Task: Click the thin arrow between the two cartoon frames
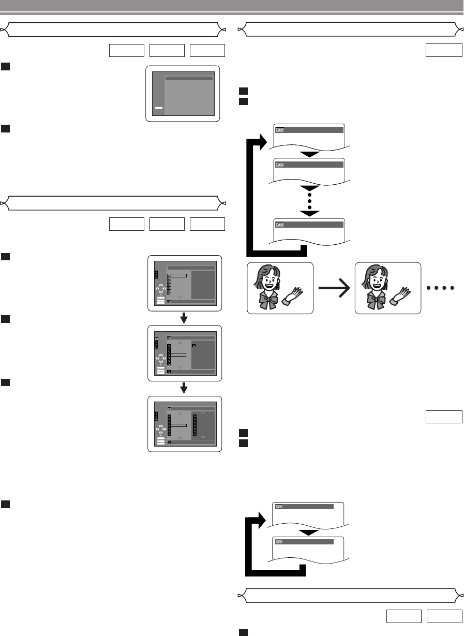[x=334, y=288]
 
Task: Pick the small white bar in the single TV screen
[x=159, y=108]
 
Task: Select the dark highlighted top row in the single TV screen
[x=189, y=78]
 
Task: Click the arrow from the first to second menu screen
[x=184, y=317]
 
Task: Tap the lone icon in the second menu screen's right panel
[x=193, y=345]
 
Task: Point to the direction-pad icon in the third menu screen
[x=161, y=431]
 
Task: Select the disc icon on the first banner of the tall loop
[x=279, y=130]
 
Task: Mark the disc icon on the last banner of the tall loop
[x=279, y=225]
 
